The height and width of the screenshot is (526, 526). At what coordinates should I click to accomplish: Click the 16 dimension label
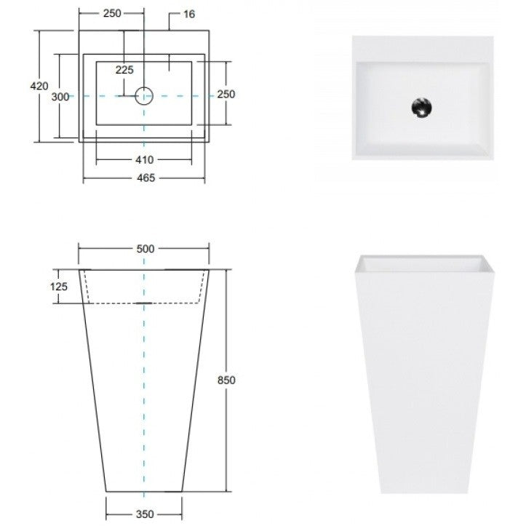tap(189, 14)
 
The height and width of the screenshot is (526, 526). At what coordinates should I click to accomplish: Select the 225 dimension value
tap(124, 70)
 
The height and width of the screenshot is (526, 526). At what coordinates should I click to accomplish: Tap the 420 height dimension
tap(39, 86)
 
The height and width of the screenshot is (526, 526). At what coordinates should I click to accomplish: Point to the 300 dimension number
tap(60, 97)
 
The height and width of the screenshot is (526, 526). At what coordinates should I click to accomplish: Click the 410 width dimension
tap(145, 159)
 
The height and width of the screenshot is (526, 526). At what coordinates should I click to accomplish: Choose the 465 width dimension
tap(146, 178)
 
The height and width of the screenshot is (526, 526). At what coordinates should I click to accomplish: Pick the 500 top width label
tap(146, 249)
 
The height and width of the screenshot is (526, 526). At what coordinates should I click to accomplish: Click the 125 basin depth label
tap(59, 287)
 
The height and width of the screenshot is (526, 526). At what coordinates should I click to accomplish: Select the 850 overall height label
tap(226, 380)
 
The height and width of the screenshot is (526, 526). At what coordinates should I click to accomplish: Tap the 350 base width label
tap(145, 514)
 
